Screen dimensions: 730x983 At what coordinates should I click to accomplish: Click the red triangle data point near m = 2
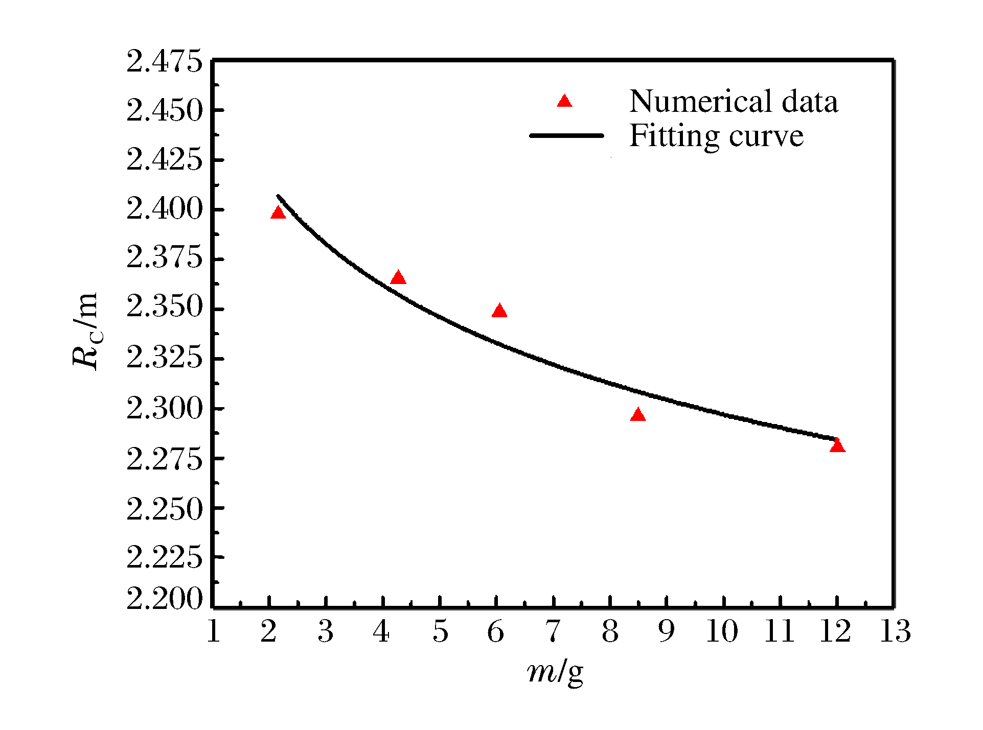(278, 213)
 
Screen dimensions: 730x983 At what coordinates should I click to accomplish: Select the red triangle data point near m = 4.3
(398, 278)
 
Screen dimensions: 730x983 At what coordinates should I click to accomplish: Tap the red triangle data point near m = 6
(499, 311)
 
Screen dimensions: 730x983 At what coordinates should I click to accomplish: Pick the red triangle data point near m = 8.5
(637, 415)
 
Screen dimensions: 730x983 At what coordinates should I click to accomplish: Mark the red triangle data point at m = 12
(837, 446)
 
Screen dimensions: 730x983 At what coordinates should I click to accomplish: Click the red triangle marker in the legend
(564, 101)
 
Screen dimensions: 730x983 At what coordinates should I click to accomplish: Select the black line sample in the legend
(566, 136)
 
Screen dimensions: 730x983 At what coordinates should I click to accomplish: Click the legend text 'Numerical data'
(734, 101)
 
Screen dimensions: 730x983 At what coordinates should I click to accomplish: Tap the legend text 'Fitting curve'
(716, 136)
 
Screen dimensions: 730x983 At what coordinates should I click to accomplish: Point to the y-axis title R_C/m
(85, 331)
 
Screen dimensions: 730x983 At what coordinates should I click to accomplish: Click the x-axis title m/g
(555, 672)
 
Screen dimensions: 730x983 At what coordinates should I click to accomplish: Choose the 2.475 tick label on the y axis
(165, 62)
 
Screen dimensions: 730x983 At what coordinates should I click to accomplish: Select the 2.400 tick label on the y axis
(165, 209)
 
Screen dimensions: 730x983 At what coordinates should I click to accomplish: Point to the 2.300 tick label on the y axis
(165, 409)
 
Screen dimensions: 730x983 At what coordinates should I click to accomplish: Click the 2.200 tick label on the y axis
(165, 599)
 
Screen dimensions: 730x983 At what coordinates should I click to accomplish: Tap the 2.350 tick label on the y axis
(165, 308)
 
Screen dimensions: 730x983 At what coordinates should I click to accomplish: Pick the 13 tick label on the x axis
(895, 631)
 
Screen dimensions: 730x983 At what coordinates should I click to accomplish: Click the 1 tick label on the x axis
(214, 631)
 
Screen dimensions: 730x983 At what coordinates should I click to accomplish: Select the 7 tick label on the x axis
(553, 631)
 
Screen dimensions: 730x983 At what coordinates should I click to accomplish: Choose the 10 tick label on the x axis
(722, 631)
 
